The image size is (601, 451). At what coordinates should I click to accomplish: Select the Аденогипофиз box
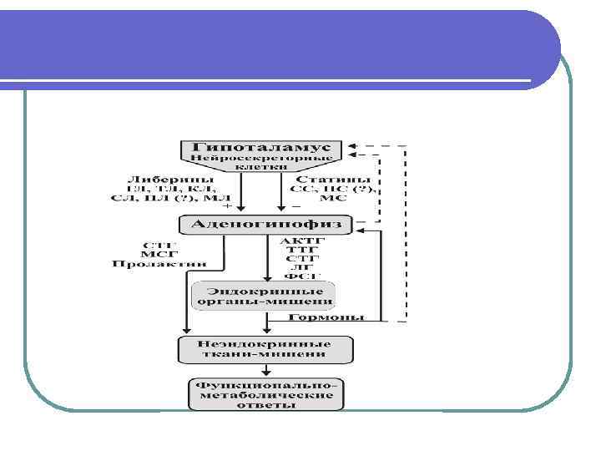266,224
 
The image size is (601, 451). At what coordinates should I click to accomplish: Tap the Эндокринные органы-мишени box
264,295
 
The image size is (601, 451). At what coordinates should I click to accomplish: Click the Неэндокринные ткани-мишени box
264,349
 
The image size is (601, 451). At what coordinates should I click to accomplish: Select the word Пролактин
159,264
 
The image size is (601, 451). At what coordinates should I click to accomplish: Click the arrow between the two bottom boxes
266,370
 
